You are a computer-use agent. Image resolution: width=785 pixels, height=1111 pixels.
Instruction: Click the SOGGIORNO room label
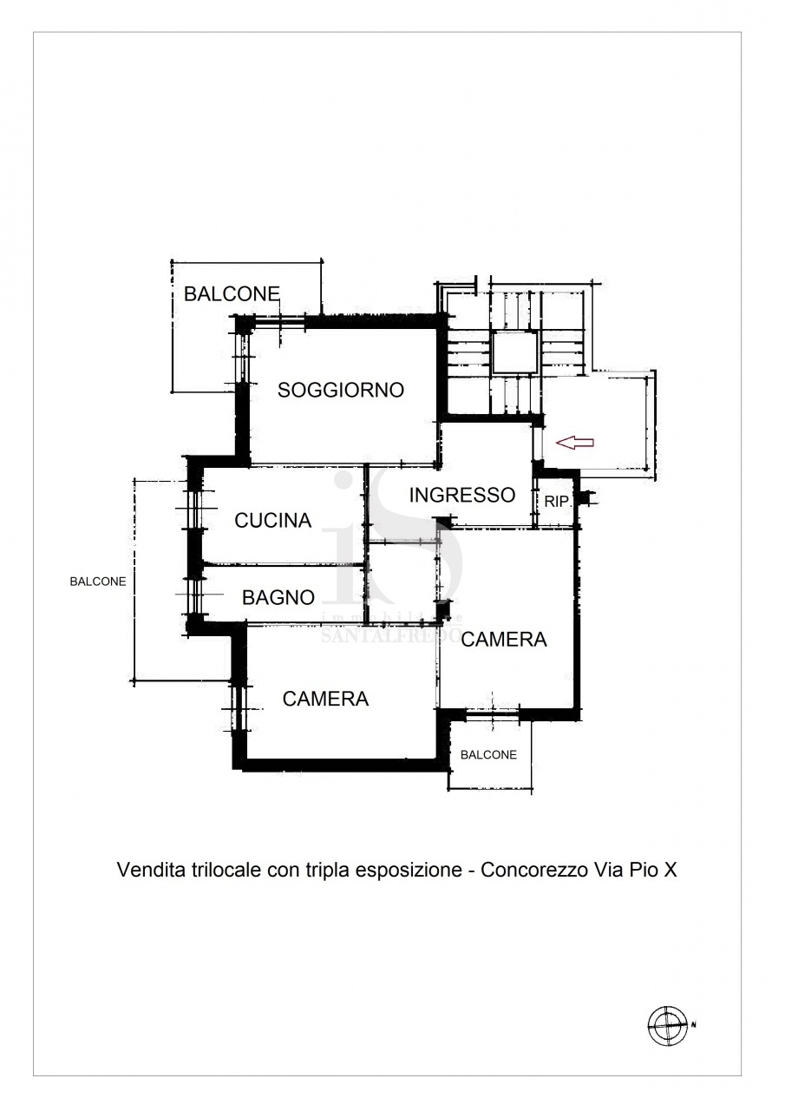341,390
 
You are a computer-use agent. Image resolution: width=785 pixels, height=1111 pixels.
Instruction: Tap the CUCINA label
272,520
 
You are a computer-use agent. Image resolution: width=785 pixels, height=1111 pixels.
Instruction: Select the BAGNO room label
278,598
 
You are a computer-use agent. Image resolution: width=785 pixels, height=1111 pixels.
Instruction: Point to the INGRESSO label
461,495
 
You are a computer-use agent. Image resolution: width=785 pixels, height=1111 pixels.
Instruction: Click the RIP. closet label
557,502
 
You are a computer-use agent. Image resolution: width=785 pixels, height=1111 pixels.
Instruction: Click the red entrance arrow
574,443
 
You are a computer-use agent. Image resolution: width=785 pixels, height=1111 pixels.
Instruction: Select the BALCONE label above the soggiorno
232,294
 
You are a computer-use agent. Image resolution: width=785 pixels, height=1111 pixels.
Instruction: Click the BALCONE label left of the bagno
98,582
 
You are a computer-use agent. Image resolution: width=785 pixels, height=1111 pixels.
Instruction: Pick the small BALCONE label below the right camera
488,754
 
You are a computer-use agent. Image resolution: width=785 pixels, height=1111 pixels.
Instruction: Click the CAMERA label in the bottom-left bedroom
325,699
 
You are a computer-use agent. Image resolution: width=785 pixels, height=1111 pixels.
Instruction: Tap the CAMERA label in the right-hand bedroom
503,640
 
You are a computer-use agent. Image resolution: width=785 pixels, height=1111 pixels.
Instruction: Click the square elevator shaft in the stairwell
515,352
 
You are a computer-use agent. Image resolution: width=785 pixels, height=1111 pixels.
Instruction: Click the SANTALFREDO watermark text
391,635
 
